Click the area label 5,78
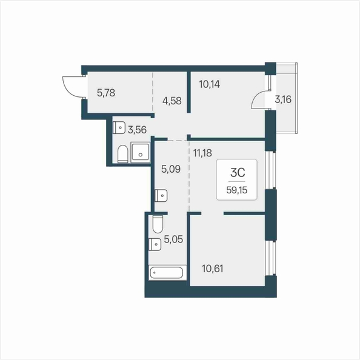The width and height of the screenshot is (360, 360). point(106,93)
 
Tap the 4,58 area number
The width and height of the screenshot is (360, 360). point(172,101)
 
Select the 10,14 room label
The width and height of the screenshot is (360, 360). point(209,84)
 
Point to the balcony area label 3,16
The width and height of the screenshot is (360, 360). point(283,99)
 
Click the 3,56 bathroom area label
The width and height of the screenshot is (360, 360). point(137,130)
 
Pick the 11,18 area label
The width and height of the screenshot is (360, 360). point(202,153)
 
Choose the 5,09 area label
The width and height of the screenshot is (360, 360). point(171,169)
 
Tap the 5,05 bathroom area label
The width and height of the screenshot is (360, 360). point(173,239)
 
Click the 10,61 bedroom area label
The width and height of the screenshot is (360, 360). point(212,268)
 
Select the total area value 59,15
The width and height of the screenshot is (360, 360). point(237,190)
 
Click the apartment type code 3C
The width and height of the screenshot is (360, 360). point(238,172)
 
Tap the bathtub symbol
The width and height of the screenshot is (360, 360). point(167,273)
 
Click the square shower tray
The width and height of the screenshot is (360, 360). point(140,152)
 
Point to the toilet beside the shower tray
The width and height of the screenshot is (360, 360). point(122,153)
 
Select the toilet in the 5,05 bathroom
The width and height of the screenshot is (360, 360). point(158,224)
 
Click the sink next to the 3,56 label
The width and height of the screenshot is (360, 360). point(119,128)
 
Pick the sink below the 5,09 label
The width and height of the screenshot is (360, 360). point(161,196)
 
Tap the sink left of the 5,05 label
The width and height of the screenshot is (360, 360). point(155,244)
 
